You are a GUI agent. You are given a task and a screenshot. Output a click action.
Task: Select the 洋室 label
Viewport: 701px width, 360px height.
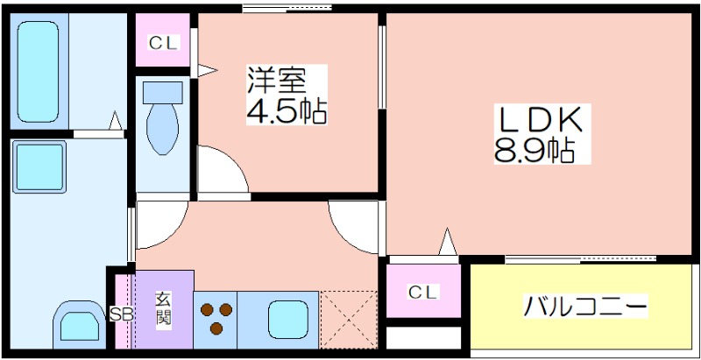(277, 80)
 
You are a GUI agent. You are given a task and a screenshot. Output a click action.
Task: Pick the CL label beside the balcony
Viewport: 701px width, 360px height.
(422, 292)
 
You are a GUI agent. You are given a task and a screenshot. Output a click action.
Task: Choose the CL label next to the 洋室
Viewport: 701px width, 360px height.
(164, 43)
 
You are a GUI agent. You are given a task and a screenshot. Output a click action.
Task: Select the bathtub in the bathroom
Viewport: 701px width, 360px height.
(38, 72)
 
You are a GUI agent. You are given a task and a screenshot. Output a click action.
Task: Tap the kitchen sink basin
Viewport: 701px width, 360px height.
(288, 320)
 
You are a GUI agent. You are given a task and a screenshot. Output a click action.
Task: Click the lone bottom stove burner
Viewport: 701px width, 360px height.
(216, 328)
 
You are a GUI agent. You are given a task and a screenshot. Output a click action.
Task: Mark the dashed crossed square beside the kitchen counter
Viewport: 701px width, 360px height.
(349, 320)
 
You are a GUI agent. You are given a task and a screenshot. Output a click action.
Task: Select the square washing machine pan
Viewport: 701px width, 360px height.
(39, 167)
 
